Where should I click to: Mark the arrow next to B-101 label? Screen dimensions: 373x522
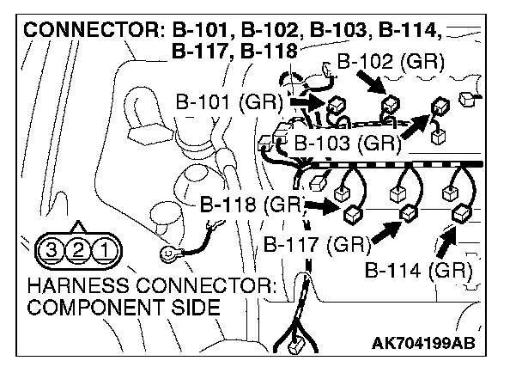coord(304,102)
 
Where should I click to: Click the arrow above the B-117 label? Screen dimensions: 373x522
coord(386,229)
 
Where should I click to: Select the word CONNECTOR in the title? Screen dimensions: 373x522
coord(86,31)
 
